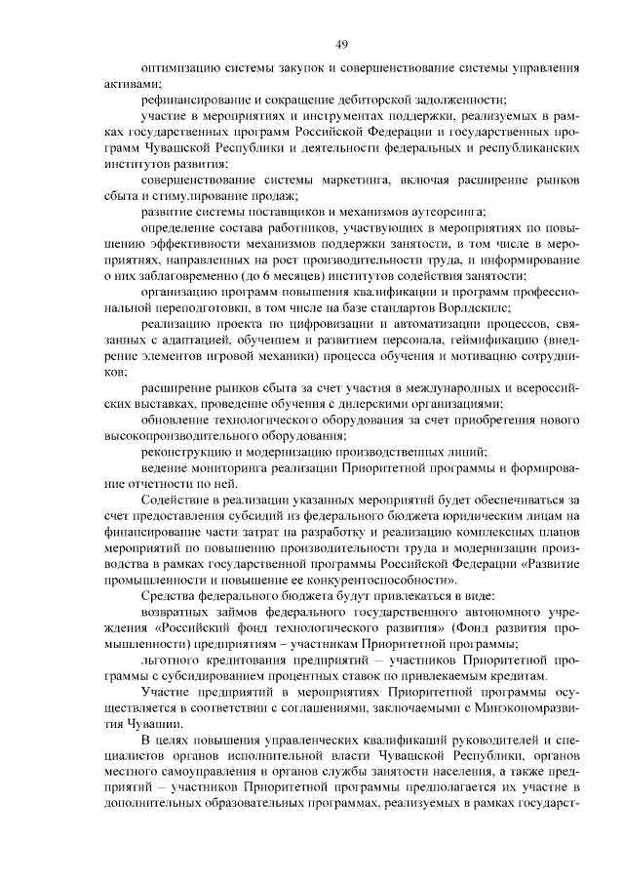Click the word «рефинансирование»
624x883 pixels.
[x=190, y=100]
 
